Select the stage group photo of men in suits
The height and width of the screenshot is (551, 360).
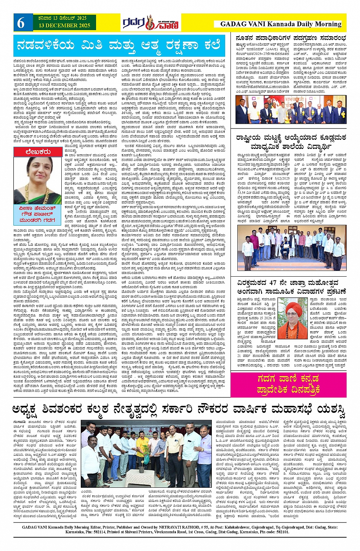[290, 110]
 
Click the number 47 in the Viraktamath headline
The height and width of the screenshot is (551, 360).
[272, 283]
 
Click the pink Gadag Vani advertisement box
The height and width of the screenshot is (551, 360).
[288, 384]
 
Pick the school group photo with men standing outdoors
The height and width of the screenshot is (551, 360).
[291, 247]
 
